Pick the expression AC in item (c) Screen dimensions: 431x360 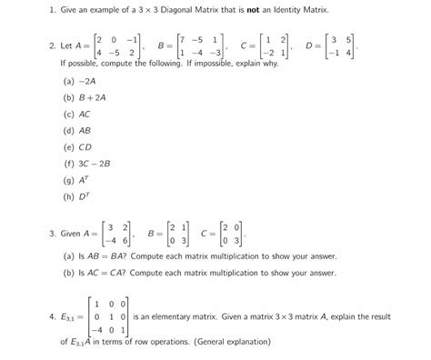click(85, 115)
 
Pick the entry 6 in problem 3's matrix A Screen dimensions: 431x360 click(125, 240)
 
